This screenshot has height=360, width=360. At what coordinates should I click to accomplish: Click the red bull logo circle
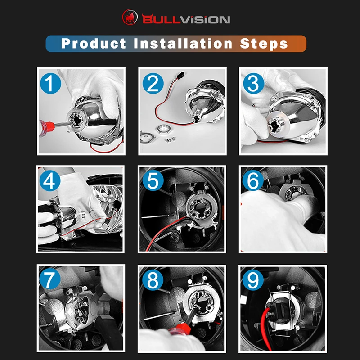tap(130, 17)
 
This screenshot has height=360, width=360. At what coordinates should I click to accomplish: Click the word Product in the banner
tap(94, 43)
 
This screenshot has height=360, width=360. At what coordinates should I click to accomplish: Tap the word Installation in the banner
tap(183, 43)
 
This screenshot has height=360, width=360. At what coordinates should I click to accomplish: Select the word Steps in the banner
tap(264, 44)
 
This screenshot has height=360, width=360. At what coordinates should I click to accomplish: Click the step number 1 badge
tap(50, 83)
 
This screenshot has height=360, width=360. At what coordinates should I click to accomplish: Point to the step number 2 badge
tap(153, 83)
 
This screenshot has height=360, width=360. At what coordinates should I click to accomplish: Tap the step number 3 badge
tap(253, 83)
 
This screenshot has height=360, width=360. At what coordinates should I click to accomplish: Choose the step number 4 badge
tap(50, 181)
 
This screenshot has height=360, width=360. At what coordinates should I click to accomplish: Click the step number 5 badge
tap(153, 180)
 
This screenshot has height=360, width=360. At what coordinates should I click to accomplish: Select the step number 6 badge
tap(253, 180)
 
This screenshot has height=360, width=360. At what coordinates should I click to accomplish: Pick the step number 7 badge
tap(50, 279)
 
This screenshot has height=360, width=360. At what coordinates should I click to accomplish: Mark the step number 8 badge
tap(153, 280)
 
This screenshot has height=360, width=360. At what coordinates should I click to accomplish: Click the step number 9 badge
tap(253, 280)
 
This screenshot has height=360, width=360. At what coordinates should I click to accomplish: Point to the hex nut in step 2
tap(163, 129)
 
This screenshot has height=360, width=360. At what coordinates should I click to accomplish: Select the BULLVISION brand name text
tap(186, 19)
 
